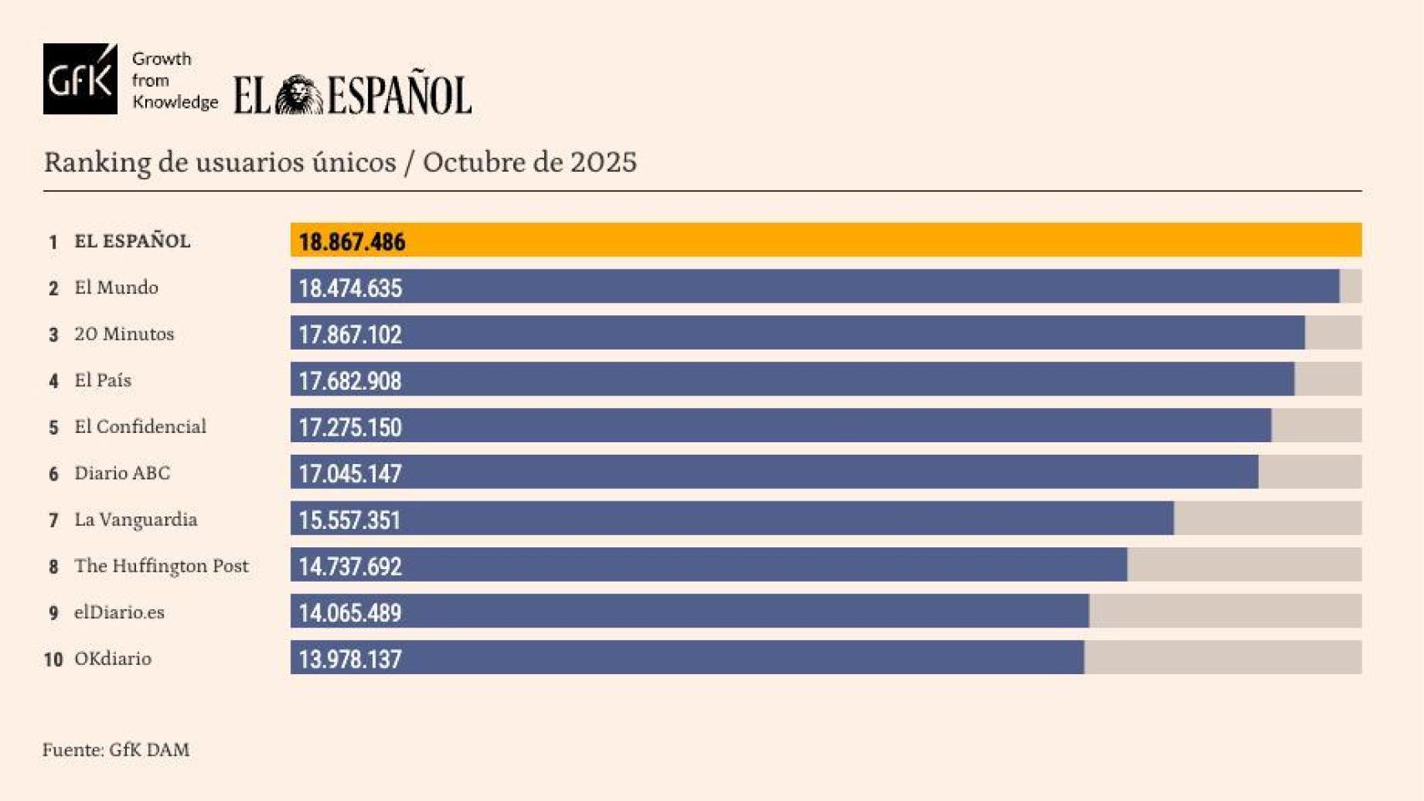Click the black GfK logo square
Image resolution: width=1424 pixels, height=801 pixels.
click(x=80, y=79)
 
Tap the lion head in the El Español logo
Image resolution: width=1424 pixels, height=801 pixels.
click(x=299, y=95)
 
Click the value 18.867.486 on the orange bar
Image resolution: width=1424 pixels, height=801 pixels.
click(x=351, y=242)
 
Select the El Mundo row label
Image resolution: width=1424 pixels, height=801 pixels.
click(x=116, y=288)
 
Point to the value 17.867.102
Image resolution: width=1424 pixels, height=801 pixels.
click(x=350, y=335)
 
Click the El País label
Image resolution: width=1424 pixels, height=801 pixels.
click(x=103, y=380)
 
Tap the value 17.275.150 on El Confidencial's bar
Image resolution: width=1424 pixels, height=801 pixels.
click(x=350, y=427)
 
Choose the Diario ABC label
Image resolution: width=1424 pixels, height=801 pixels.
click(x=122, y=473)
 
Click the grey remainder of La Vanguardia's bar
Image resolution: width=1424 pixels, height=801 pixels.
click(x=1267, y=519)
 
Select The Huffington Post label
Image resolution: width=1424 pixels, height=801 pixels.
click(x=161, y=566)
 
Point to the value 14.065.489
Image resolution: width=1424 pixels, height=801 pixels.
click(x=350, y=613)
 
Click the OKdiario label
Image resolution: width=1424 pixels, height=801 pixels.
click(x=113, y=659)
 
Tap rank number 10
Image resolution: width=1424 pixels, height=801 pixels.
click(x=53, y=660)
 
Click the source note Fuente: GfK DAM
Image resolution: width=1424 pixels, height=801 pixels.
click(x=116, y=750)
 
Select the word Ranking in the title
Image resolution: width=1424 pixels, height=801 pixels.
click(x=97, y=163)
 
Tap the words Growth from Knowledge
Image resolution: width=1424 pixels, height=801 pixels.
click(x=174, y=81)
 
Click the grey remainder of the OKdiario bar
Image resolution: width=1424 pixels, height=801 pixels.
click(x=1223, y=657)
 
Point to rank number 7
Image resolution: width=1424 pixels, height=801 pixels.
click(x=53, y=521)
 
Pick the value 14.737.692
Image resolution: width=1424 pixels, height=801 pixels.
click(x=350, y=567)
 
